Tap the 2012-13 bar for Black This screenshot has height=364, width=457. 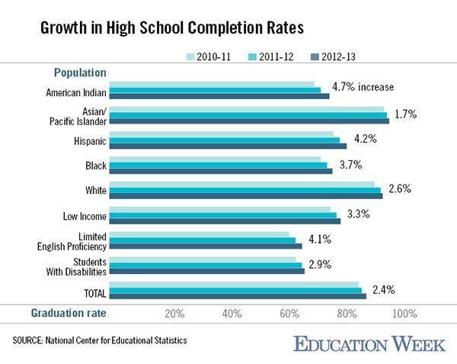pos(221,172)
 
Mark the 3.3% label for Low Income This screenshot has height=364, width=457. pos(358,214)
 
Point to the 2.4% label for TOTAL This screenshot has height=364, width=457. pos(384,289)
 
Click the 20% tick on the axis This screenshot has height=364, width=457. pos(174,314)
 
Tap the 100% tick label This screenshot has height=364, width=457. pos(404,314)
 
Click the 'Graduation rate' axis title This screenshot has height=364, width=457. pos(69,313)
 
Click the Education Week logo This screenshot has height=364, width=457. pos(369,344)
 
